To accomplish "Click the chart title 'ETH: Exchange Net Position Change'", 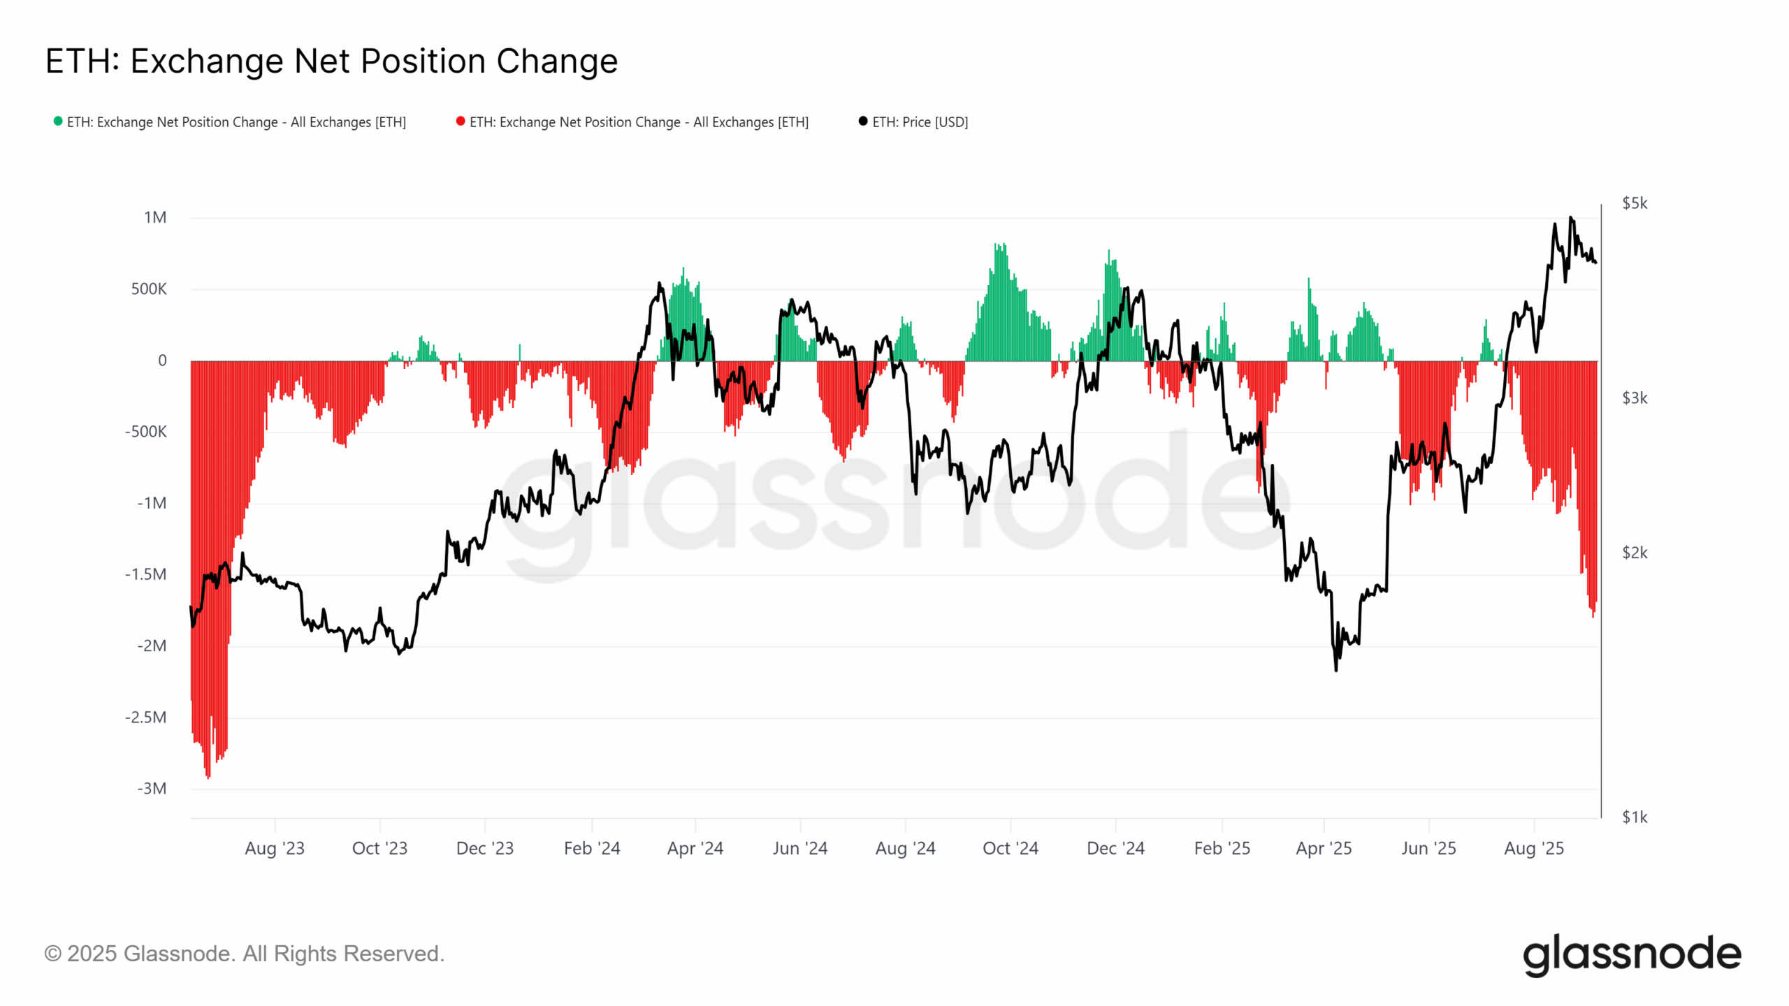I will point(331,61).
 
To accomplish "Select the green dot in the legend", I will point(58,121).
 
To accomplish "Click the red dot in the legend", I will point(461,121).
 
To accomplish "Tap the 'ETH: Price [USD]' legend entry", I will point(920,122).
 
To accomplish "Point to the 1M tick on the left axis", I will point(155,218).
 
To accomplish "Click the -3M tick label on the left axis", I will point(152,789).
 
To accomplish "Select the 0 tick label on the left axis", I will point(162,360).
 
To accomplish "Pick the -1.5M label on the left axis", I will point(145,574).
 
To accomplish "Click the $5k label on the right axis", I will point(1635,203).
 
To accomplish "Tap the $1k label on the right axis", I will point(1635,817).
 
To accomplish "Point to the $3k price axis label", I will point(1635,398).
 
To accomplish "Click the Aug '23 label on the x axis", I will point(275,848).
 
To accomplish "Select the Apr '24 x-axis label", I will point(695,848).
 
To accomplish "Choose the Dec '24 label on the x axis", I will point(1115,848).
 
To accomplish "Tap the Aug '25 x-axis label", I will point(1534,848).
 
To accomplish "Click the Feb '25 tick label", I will point(1222,848).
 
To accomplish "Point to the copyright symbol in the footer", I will point(52,954).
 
